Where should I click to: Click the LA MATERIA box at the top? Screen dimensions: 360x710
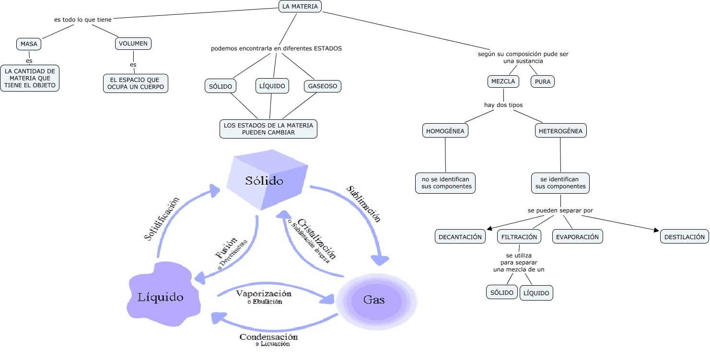[x=300, y=6]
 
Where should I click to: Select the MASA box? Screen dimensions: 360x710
[x=29, y=44]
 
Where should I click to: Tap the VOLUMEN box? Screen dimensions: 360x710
[x=133, y=44]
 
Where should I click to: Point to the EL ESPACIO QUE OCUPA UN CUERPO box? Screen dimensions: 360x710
[x=136, y=83]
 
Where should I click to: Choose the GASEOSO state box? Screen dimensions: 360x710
[x=322, y=86]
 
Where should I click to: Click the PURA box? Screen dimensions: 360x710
[x=542, y=81]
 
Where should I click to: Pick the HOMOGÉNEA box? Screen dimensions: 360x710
[x=445, y=130]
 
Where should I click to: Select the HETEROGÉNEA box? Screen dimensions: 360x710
[x=560, y=130]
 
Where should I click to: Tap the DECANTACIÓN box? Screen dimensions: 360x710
[x=460, y=237]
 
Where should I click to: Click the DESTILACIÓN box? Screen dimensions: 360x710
[x=685, y=237]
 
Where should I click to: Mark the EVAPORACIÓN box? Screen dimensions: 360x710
[x=577, y=237]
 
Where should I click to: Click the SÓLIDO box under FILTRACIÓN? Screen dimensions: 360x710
[x=502, y=292]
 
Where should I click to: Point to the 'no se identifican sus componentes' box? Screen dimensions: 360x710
[x=445, y=183]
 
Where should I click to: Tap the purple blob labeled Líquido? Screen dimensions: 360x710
[x=161, y=295]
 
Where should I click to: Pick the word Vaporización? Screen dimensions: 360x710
[x=264, y=293]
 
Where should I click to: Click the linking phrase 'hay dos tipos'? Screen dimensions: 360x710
[x=503, y=105]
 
